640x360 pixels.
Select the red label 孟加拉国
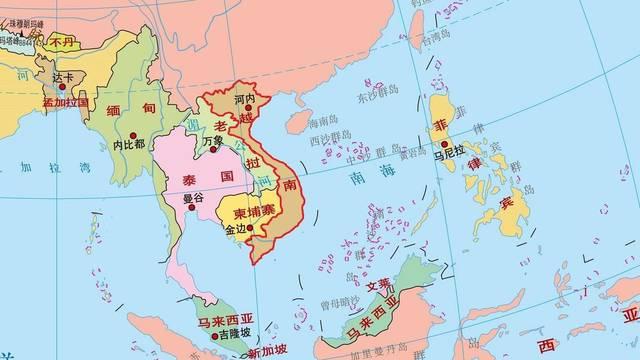click(66, 102)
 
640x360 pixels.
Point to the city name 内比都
click(129, 144)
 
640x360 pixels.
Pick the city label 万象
click(212, 141)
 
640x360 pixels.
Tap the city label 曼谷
click(193, 198)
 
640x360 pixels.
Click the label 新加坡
click(267, 351)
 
